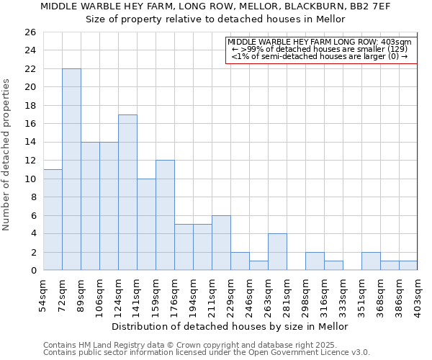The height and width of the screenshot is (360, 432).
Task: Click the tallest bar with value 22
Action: [71, 169]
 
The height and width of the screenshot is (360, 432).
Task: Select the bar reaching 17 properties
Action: [127, 192]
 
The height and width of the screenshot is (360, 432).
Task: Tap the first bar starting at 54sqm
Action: [53, 220]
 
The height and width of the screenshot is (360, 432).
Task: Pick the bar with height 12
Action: [165, 215]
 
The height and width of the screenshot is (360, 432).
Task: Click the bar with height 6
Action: [221, 243]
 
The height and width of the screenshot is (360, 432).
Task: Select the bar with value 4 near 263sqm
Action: [277, 252]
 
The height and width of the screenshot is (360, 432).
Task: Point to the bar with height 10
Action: [146, 224]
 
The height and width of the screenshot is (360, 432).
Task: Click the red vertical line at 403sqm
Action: [418, 151]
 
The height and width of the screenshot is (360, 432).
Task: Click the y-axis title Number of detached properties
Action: [7, 155]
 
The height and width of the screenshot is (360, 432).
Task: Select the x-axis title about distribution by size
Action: [230, 326]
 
